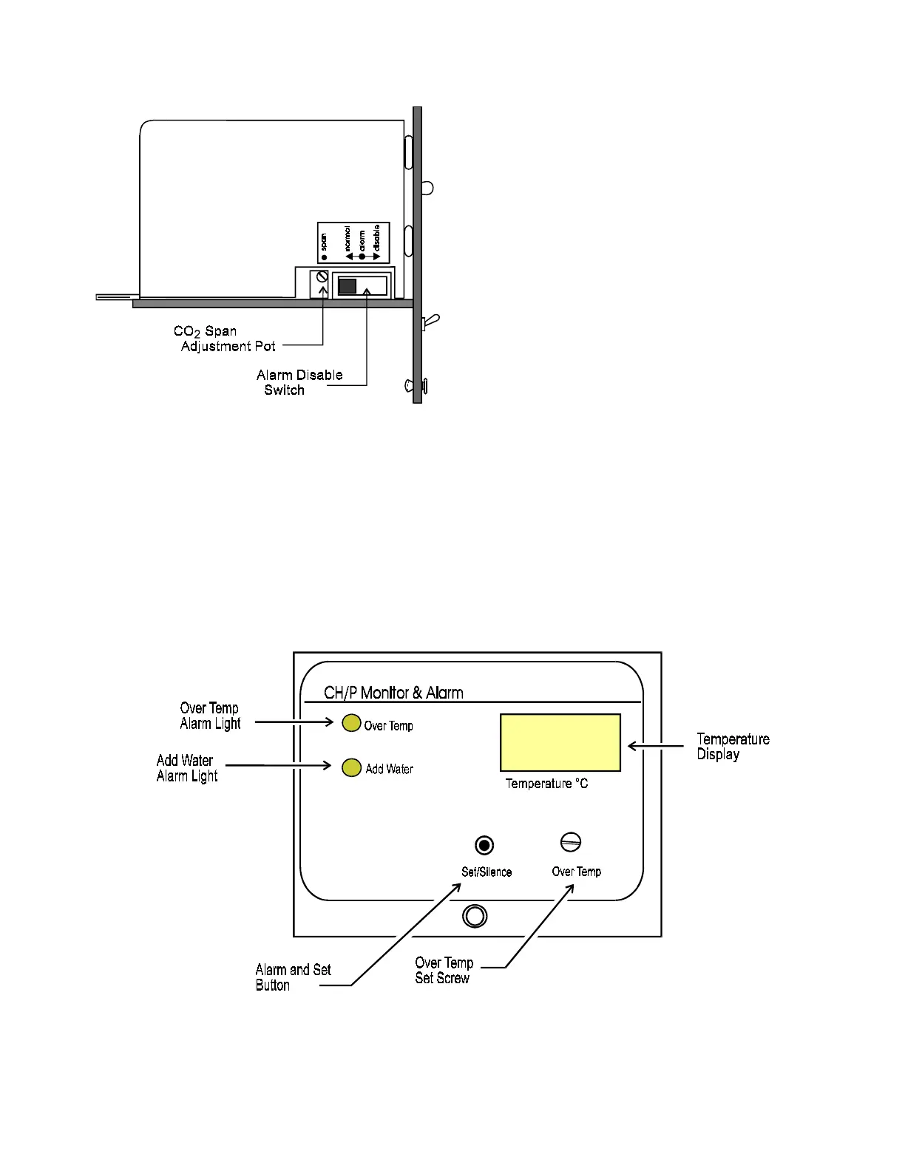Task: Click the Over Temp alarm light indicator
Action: click(351, 723)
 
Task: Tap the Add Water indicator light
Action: click(351, 767)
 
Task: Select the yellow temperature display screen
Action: click(560, 742)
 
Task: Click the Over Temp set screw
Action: click(571, 842)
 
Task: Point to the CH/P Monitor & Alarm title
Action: click(393, 693)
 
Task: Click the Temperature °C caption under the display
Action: click(546, 784)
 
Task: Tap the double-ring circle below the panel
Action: click(474, 916)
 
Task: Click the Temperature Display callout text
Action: click(732, 747)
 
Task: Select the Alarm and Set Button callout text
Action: click(293, 977)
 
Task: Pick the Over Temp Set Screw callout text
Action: click(444, 970)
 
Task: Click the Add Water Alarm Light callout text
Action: click(186, 768)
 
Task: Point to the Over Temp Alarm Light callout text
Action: click(210, 716)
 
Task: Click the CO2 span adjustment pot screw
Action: click(322, 276)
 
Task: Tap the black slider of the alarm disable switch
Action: click(347, 286)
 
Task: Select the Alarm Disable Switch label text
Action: click(299, 382)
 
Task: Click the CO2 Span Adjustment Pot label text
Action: click(223, 339)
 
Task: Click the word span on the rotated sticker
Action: click(324, 242)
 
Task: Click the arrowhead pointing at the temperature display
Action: click(633, 746)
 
